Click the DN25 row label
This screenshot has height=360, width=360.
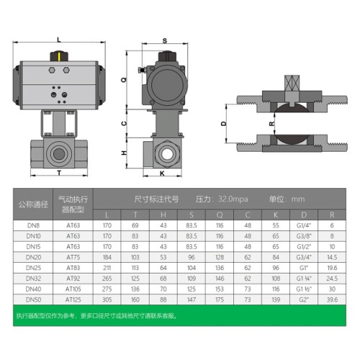click(32, 267)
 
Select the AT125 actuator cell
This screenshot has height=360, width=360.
click(73, 298)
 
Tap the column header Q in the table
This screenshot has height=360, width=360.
click(219, 215)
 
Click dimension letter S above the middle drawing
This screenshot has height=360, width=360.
click(165, 41)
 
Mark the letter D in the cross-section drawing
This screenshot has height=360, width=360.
click(223, 124)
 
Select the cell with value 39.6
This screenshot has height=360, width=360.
click(331, 298)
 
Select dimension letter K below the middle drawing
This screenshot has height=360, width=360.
click(162, 174)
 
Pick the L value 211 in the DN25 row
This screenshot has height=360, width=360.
click(107, 267)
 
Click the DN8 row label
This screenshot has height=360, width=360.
click(32, 225)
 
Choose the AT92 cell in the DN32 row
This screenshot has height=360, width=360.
click(73, 277)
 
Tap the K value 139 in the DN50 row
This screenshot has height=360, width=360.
click(275, 298)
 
